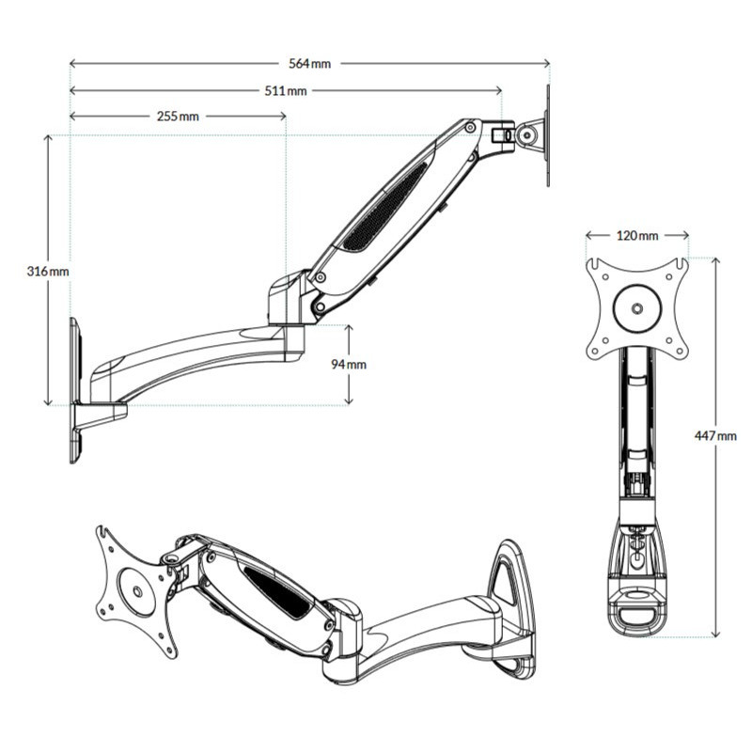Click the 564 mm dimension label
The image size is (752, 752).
(x=309, y=64)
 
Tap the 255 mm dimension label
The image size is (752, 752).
(x=177, y=117)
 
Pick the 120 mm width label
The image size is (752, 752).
(x=637, y=235)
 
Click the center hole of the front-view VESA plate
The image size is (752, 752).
(x=638, y=307)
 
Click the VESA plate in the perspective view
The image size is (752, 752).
(x=137, y=591)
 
